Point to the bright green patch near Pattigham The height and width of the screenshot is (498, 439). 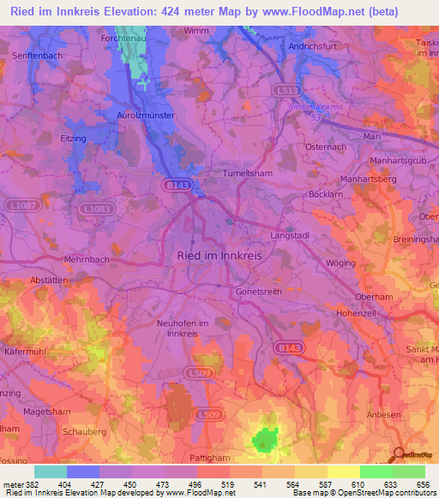click(x=268, y=440)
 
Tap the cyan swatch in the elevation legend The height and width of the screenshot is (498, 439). click(x=51, y=471)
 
